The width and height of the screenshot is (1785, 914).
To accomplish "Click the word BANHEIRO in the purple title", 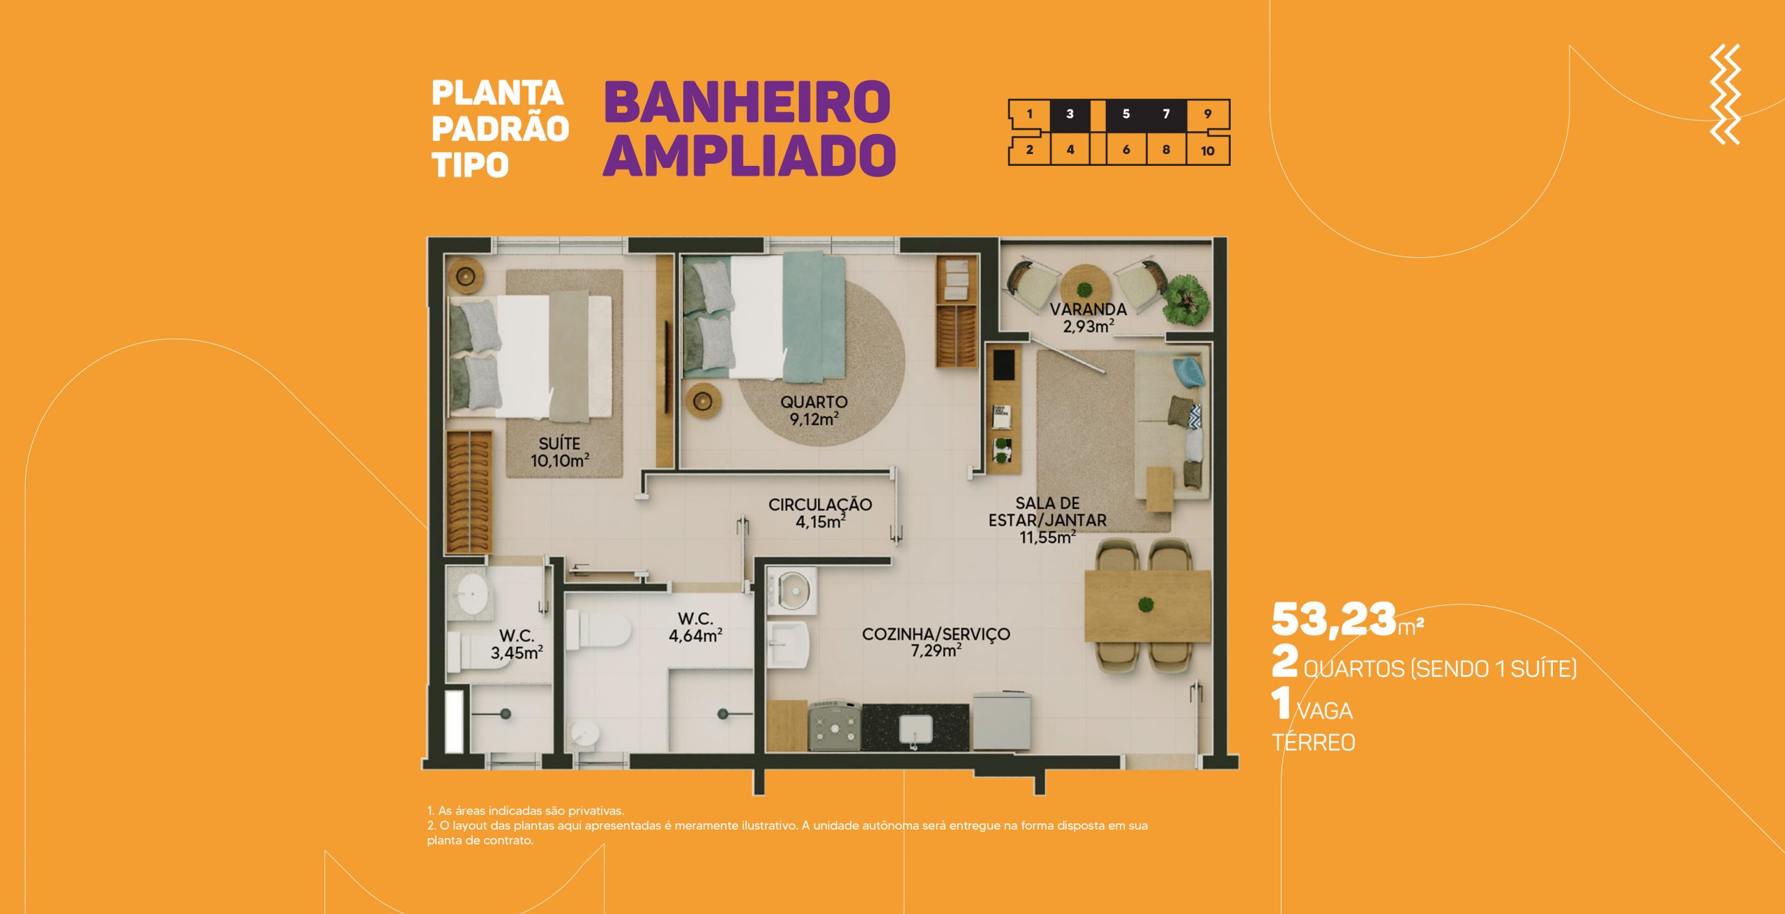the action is pyautogui.click(x=747, y=102).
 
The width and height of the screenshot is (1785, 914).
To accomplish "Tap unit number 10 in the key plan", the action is pyautogui.click(x=1208, y=151).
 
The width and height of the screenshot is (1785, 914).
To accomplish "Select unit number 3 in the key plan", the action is pyautogui.click(x=1070, y=114).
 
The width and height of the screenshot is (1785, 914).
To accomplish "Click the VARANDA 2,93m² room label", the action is pyautogui.click(x=1088, y=317).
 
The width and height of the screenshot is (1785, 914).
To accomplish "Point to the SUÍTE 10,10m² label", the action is pyautogui.click(x=560, y=452).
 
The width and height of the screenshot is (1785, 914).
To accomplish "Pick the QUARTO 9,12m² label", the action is pyautogui.click(x=814, y=410).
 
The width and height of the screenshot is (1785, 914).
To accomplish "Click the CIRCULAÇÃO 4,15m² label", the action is pyautogui.click(x=820, y=512).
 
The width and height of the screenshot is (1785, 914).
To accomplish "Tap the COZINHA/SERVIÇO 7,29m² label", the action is pyautogui.click(x=936, y=642).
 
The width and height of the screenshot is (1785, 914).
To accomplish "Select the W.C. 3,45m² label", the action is pyautogui.click(x=517, y=644).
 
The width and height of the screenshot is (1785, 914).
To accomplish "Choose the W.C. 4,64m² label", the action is pyautogui.click(x=695, y=627).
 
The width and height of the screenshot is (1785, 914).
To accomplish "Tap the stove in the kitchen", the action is pyautogui.click(x=835, y=726).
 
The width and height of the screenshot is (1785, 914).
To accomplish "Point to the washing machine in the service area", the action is pyautogui.click(x=791, y=592).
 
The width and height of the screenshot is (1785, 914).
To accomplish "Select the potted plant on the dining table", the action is pyautogui.click(x=1146, y=604).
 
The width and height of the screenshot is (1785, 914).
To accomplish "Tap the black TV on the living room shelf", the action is pyautogui.click(x=1003, y=365).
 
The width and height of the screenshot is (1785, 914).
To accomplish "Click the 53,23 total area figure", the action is pyautogui.click(x=1334, y=619).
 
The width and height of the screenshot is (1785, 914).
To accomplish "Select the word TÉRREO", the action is pyautogui.click(x=1313, y=741).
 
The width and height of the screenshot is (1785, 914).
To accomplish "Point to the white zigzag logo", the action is pyautogui.click(x=1725, y=94).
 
